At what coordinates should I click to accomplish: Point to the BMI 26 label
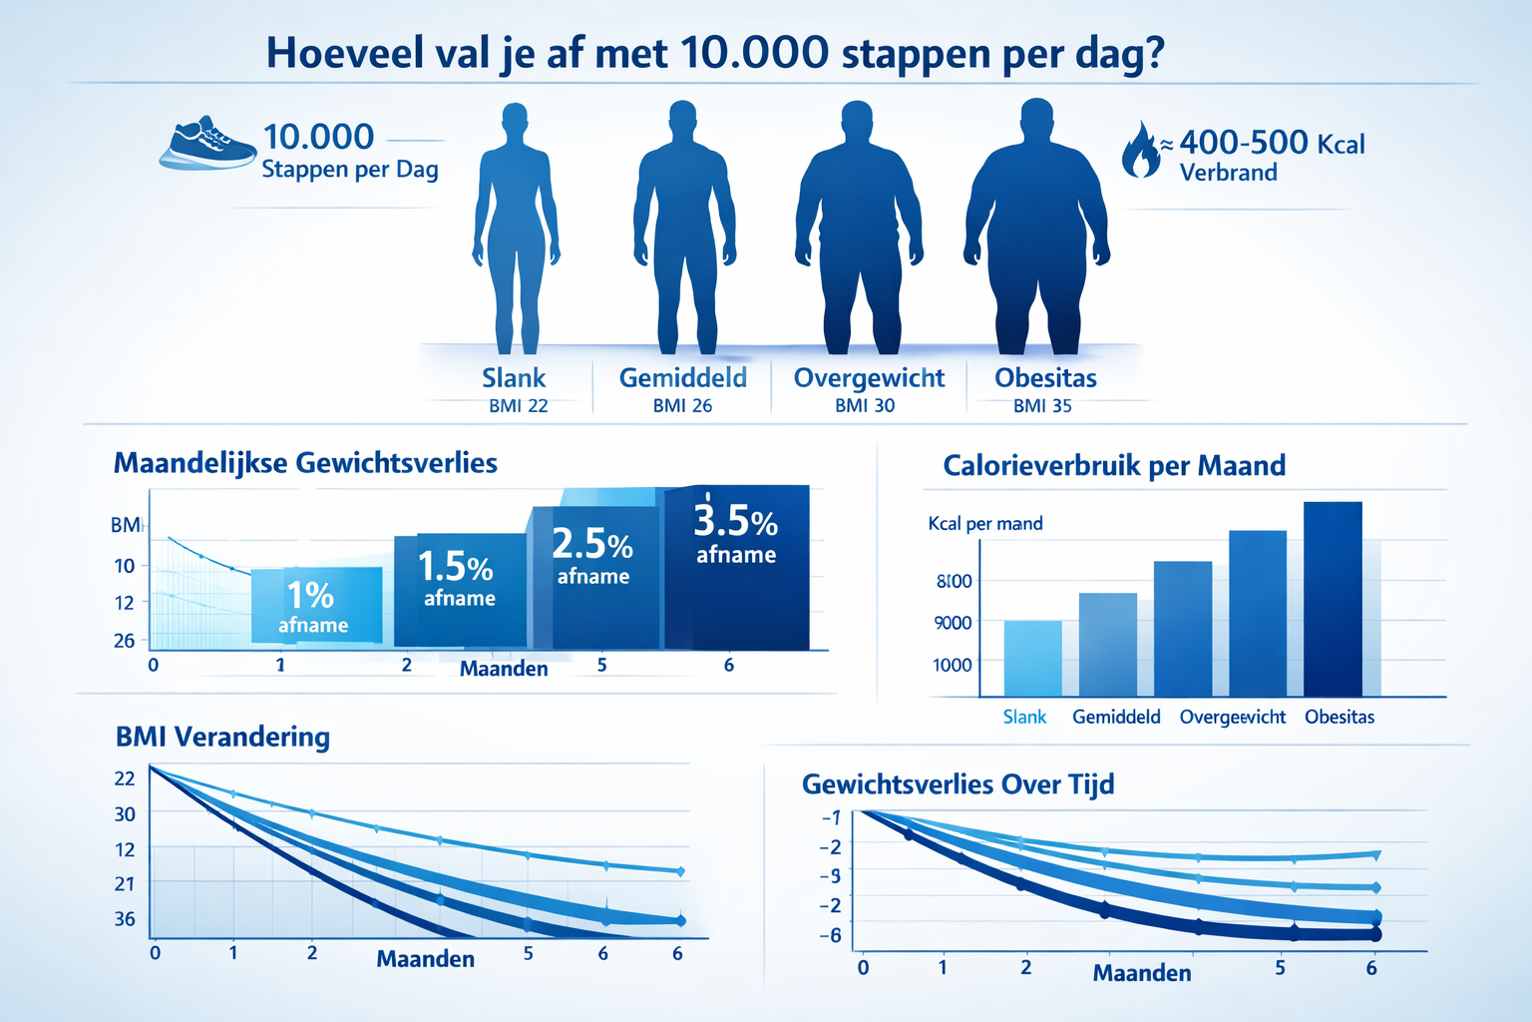[x=682, y=406]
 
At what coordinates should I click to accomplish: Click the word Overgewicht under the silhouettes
[x=869, y=378]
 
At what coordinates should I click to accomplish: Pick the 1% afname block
[x=316, y=605]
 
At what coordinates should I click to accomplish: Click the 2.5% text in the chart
[x=591, y=545]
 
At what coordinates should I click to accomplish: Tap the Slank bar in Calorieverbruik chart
[x=1032, y=658]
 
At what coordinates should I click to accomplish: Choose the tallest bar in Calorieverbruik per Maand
[x=1333, y=598]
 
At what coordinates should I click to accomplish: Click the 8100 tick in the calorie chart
[x=954, y=581]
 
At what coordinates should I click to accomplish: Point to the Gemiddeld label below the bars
[x=1116, y=717]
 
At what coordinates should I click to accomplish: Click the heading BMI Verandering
[x=222, y=737]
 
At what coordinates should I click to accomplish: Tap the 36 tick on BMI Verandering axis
[x=125, y=918]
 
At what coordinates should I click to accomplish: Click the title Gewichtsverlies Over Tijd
[x=957, y=784]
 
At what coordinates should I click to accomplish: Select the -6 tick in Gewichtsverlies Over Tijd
[x=831, y=935]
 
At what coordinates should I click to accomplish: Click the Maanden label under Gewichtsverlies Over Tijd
[x=1142, y=973]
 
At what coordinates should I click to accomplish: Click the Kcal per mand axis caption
[x=985, y=524]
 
